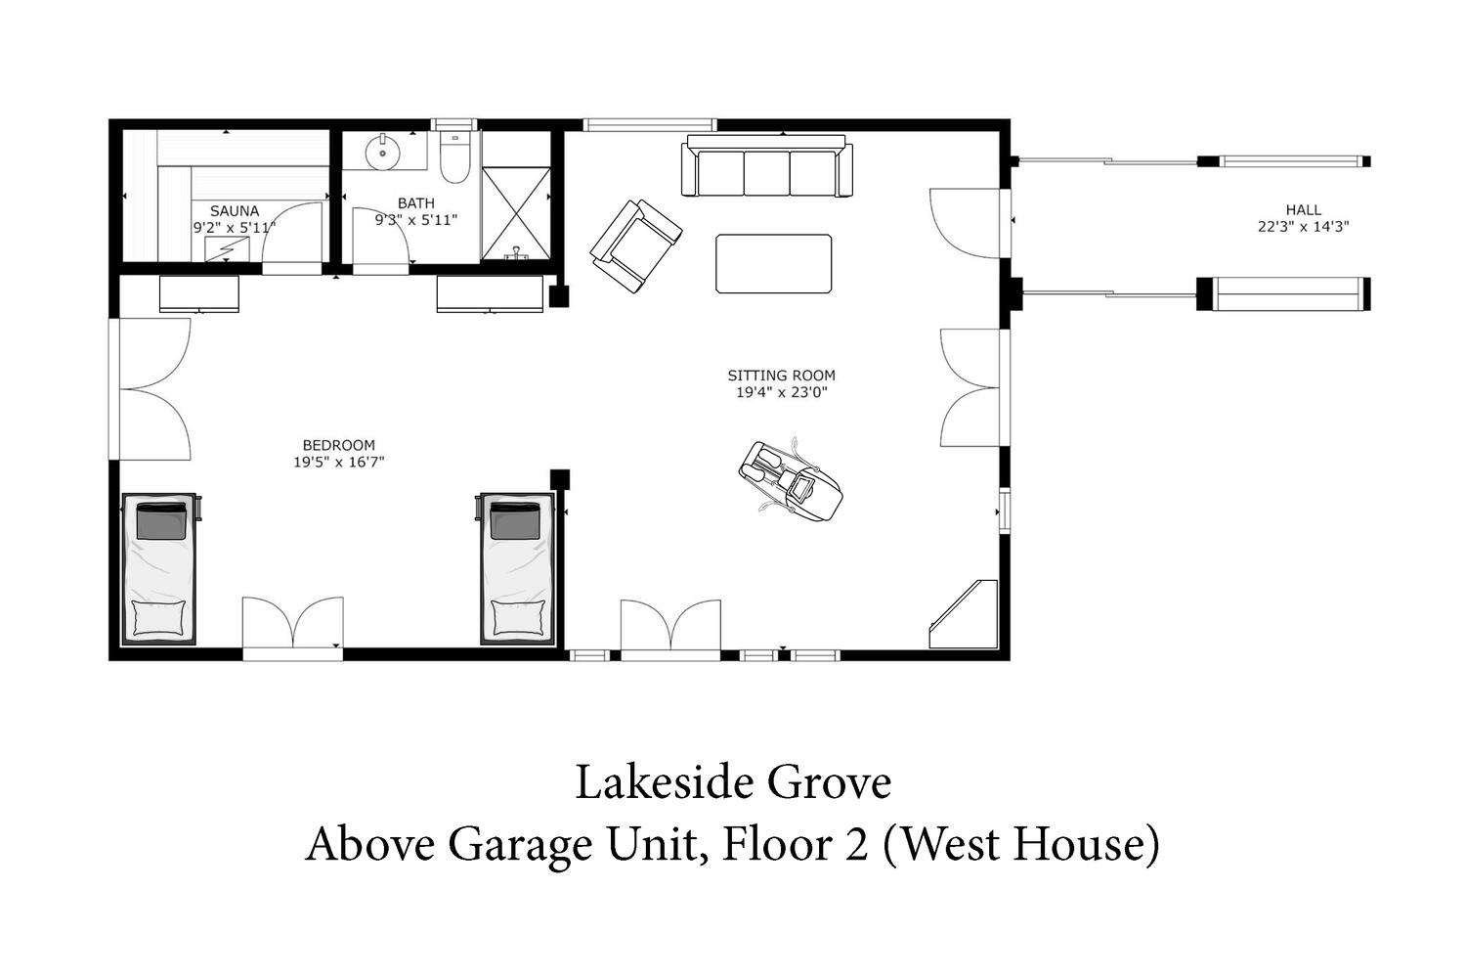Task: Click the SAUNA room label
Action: point(235,211)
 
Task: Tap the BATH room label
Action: point(416,203)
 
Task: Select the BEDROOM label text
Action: point(338,445)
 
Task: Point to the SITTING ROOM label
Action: point(782,376)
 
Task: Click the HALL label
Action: point(1304,209)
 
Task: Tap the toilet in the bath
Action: point(454,157)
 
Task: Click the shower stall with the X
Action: point(516,212)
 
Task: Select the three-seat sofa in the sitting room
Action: point(767,165)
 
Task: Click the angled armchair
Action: point(636,246)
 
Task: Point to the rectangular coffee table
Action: point(774,263)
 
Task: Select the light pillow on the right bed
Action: point(518,618)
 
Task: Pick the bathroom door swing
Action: point(380,237)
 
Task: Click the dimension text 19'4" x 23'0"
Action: point(782,392)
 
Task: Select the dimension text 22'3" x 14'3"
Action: point(1304,227)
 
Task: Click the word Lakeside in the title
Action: point(665,782)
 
